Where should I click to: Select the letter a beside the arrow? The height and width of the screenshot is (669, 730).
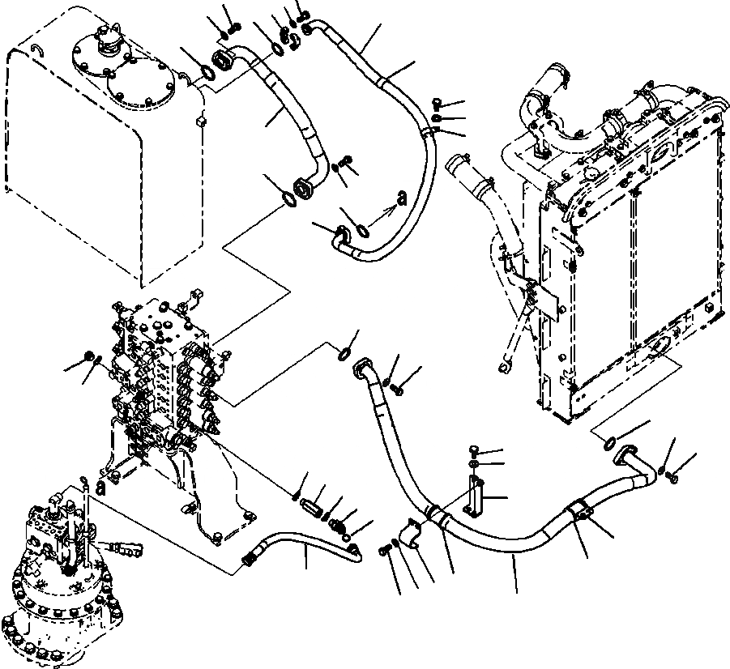click(400, 198)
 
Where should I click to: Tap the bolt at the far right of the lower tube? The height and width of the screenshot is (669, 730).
click(673, 481)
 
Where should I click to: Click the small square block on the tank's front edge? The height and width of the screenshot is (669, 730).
click(199, 121)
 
